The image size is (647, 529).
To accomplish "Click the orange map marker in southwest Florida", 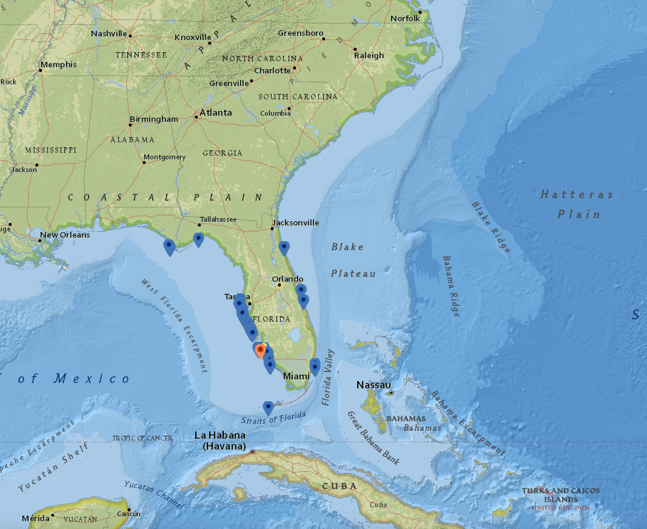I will (x=261, y=350).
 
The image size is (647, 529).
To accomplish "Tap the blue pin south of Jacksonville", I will (x=284, y=247).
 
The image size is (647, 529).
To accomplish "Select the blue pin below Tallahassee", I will (x=198, y=239).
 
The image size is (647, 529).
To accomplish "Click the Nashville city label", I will (x=109, y=33).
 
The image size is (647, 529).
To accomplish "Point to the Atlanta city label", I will (x=216, y=113).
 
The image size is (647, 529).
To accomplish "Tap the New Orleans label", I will (x=64, y=235).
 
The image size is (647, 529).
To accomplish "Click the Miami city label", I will (x=297, y=376).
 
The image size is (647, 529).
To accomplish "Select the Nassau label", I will (x=374, y=385).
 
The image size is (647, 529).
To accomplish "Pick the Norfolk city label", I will (x=405, y=18).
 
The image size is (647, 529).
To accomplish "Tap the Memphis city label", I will (x=59, y=64).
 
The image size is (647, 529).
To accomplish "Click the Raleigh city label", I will (x=369, y=55).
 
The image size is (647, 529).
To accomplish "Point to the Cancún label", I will (x=129, y=514).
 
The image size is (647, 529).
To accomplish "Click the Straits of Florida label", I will (x=273, y=418).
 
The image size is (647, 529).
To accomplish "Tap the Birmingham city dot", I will (x=130, y=125).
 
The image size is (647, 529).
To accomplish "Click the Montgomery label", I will (x=165, y=157).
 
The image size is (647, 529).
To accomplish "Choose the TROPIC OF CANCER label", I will (x=142, y=438).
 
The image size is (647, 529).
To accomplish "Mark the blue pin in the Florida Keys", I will (x=268, y=407).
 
